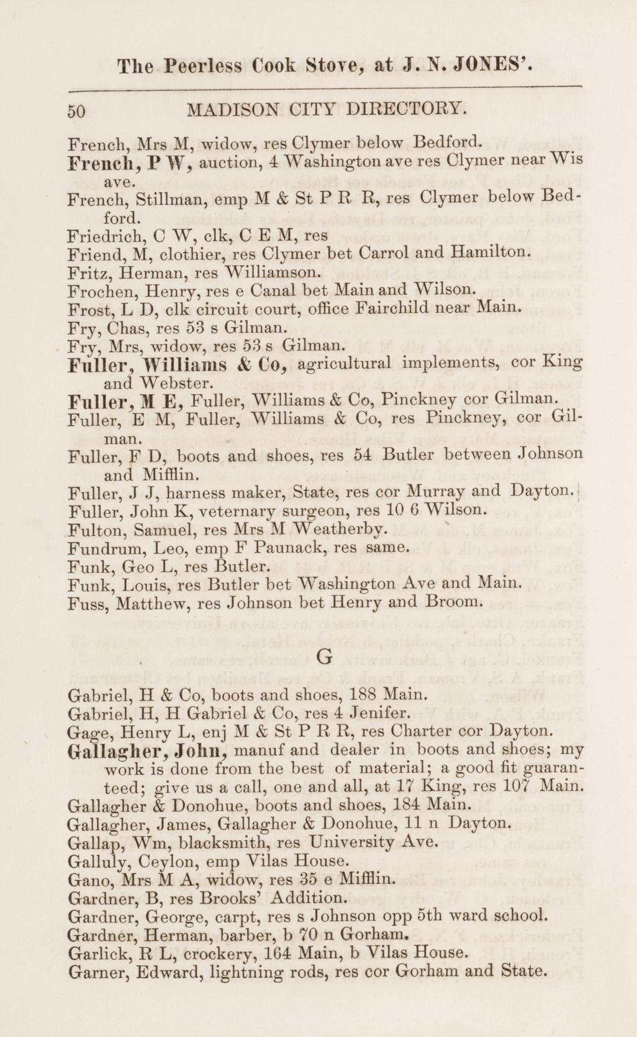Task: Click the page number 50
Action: [x=77, y=111]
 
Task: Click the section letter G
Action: [x=324, y=658]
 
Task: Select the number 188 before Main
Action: [x=367, y=695]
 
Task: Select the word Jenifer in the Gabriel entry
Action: [x=381, y=714]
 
